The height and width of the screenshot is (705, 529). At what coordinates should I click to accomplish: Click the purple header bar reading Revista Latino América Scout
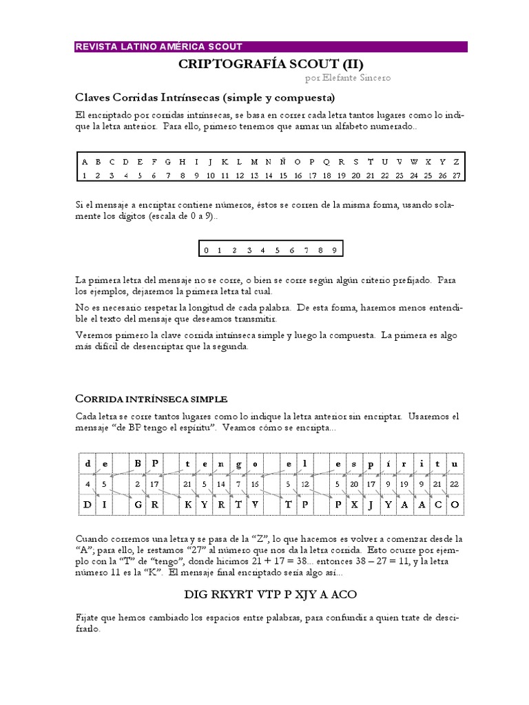click(x=270, y=47)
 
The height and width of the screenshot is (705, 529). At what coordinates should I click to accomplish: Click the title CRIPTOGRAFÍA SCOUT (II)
click(x=271, y=63)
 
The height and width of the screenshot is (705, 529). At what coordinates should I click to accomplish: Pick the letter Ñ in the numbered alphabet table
click(x=284, y=162)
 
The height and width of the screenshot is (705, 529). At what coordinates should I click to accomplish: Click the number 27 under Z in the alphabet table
click(x=456, y=176)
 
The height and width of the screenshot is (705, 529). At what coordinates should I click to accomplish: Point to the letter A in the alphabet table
click(x=85, y=162)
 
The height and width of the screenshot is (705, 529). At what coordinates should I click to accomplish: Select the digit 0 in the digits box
click(x=206, y=250)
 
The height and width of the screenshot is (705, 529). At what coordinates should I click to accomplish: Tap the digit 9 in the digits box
click(x=334, y=250)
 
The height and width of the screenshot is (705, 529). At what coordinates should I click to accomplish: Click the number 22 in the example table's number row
click(x=454, y=483)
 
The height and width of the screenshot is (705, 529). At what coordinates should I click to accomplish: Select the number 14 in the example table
click(x=221, y=483)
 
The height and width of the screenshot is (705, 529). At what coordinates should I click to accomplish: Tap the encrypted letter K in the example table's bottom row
click(x=187, y=505)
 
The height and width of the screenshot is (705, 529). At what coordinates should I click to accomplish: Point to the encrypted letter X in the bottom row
click(x=353, y=505)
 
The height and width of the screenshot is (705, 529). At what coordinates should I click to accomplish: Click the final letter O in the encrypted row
click(x=454, y=505)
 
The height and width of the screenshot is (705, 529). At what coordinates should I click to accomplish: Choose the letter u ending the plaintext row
click(x=454, y=463)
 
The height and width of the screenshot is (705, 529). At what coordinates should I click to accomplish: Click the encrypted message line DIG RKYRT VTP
click(x=271, y=593)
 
